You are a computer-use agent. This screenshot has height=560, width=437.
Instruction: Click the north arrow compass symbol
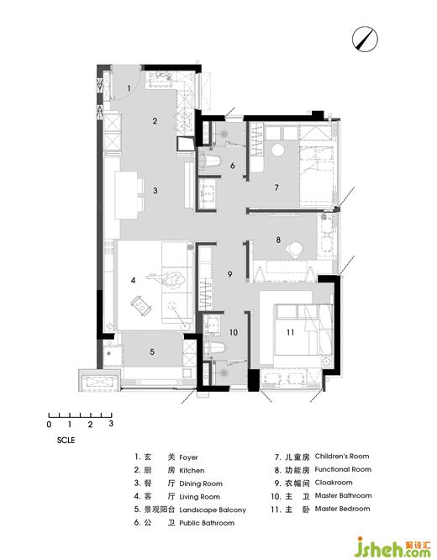coord(365,39)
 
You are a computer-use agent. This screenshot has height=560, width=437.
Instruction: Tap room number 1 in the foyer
coord(129,87)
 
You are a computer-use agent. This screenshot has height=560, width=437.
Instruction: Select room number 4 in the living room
coord(133,280)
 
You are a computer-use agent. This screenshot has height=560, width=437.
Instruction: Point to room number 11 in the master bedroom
coord(290,332)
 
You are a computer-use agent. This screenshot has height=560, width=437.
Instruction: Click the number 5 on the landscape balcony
coord(152,351)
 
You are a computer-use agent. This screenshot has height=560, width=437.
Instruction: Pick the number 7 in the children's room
coord(276,188)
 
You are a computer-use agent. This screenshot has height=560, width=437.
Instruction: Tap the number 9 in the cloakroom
coord(230,274)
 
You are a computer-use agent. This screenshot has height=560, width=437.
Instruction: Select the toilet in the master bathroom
coord(215,347)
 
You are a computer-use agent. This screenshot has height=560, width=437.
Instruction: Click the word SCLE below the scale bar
coord(66,440)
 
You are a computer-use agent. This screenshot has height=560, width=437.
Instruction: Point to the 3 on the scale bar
coord(111,424)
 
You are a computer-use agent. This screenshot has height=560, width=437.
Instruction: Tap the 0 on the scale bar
coord(49,425)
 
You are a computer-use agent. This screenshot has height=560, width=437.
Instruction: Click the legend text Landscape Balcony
coord(213,510)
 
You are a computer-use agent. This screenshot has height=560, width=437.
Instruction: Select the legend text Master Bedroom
coord(342,509)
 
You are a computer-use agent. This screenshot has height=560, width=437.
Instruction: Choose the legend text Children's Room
coord(342,456)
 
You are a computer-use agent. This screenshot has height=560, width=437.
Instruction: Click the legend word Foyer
coord(188,457)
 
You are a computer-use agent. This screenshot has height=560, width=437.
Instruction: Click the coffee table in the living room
coord(141,305)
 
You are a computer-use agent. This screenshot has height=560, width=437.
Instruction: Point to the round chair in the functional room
coord(296,249)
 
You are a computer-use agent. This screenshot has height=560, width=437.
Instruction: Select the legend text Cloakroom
coord(334,483)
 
